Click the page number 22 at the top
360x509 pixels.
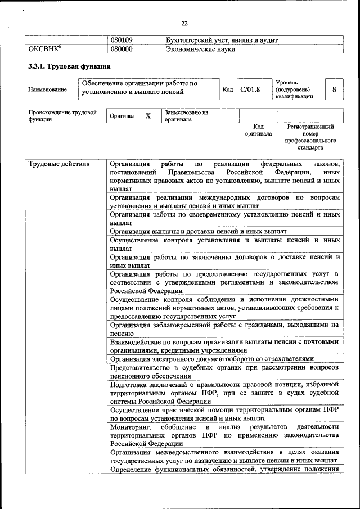pos(184,23)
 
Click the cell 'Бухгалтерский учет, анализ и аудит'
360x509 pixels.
pos(222,40)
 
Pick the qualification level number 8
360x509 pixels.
pos(335,89)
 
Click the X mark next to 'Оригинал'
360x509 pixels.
pos(148,116)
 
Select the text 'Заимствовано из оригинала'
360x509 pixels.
pos(186,116)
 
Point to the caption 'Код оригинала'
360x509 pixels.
pos(258,130)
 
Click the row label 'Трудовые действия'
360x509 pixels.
pos(58,164)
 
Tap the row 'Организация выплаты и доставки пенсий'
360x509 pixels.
pos(198,231)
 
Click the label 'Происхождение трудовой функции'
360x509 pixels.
pos(58,116)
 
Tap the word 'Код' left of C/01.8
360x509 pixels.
pos(228,89)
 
